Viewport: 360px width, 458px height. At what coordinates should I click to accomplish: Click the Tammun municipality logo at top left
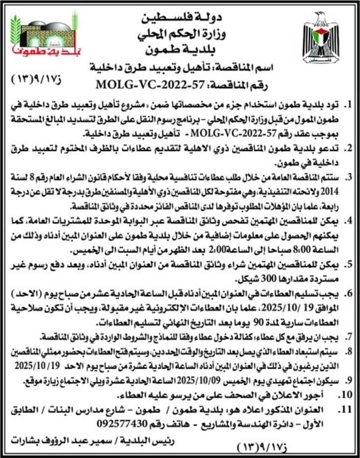[42, 34]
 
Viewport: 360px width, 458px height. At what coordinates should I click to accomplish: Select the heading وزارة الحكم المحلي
[183, 35]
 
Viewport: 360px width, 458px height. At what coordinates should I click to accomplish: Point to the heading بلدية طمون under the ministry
[183, 49]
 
